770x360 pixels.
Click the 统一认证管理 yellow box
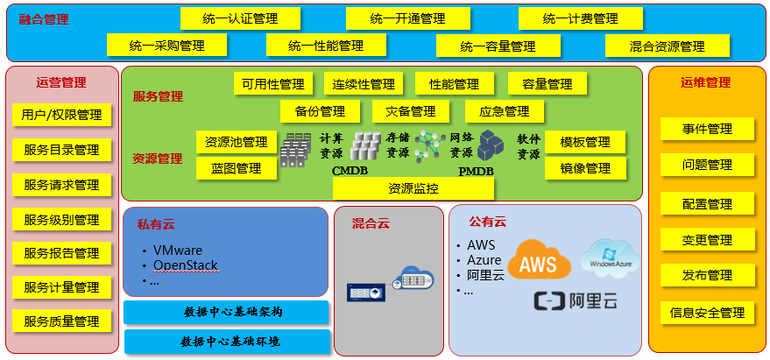coord(240,18)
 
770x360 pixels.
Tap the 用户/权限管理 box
coord(61,115)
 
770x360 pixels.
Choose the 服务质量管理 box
coord(61,321)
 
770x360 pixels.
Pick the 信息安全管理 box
coord(706,313)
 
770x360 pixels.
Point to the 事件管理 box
coord(707,130)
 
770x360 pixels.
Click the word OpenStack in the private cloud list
coord(185,265)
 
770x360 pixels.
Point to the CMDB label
coord(349,171)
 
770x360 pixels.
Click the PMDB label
coord(476,171)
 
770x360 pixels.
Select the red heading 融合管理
coord(44,18)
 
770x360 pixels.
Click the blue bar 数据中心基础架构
coord(226,313)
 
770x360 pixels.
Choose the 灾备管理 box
coord(411,111)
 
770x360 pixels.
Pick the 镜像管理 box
coord(585,168)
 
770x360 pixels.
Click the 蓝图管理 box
coord(237,168)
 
